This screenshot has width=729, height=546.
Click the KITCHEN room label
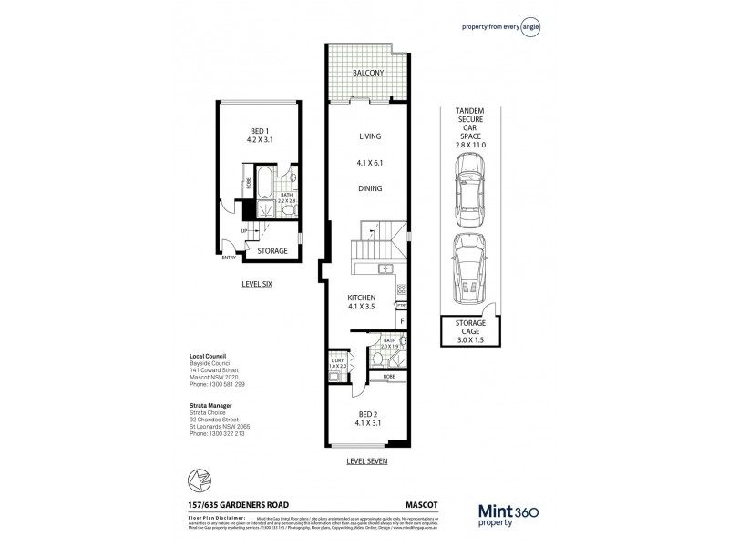363,298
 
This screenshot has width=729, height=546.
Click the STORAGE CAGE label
468,327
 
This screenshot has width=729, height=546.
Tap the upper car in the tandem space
468,184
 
